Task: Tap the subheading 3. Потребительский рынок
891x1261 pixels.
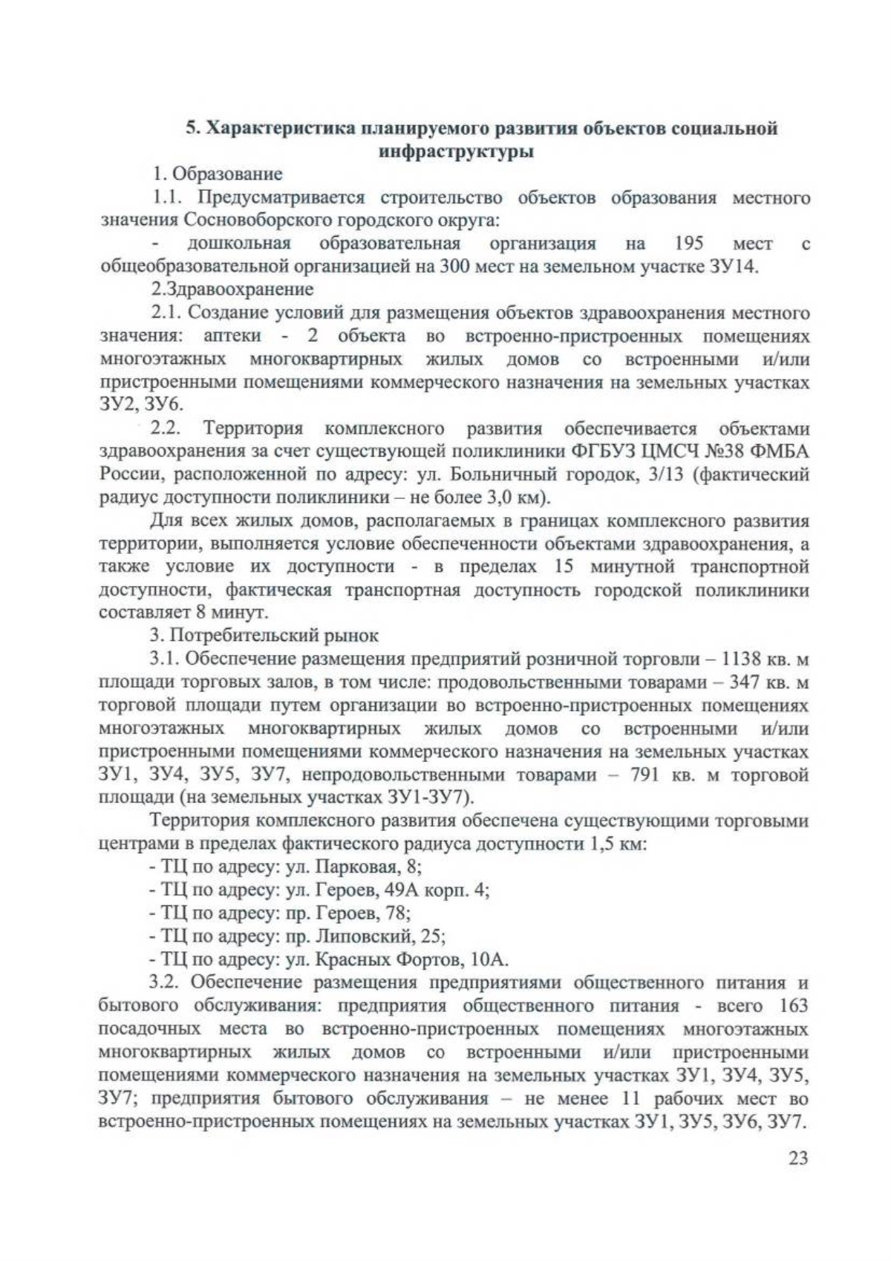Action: [264, 636]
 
